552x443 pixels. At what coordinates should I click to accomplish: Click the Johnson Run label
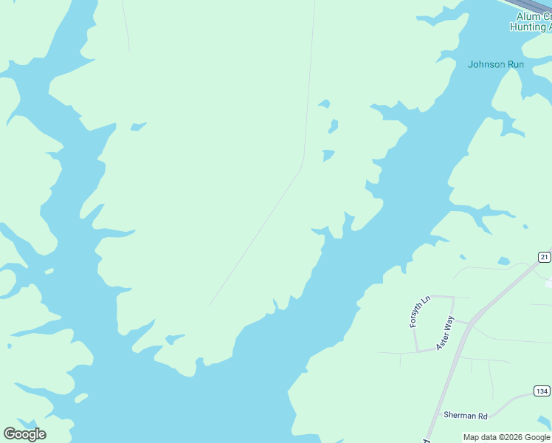click(496, 64)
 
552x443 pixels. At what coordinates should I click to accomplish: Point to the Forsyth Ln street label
click(418, 312)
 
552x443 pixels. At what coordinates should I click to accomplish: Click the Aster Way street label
click(445, 332)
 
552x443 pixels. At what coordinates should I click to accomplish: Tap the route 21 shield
click(544, 257)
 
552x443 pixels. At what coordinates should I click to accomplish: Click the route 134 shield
click(542, 391)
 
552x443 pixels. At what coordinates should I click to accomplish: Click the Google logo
click(24, 433)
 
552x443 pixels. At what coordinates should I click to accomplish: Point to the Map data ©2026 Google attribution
click(506, 437)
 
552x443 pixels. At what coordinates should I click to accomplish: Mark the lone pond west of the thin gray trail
click(138, 127)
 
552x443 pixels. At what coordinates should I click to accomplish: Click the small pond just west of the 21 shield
click(503, 261)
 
